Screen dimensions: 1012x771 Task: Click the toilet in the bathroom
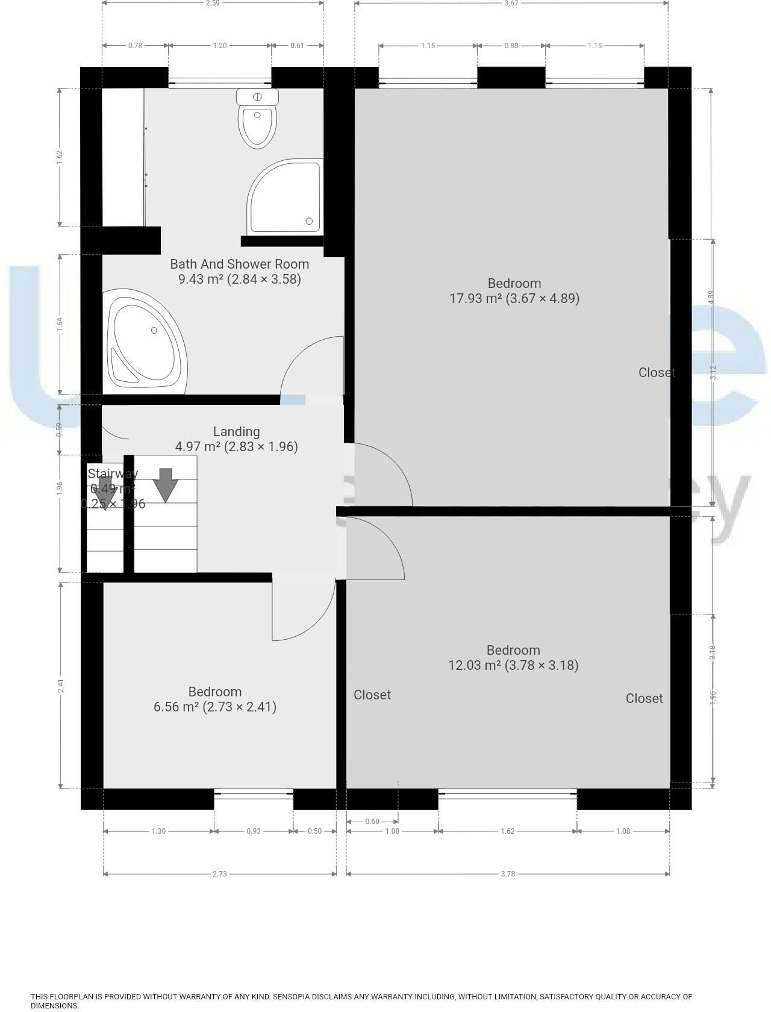tap(258, 120)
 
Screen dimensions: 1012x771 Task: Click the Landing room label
tap(236, 432)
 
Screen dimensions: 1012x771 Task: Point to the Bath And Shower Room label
tap(239, 264)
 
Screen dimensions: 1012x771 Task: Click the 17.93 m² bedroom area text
tap(514, 298)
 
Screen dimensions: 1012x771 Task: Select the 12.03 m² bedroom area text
tap(513, 665)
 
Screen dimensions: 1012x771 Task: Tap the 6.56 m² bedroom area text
tap(214, 707)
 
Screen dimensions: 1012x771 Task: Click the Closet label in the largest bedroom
tap(656, 373)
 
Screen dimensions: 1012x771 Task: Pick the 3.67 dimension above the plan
tap(511, 3)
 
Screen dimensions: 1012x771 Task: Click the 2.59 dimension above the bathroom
tap(212, 3)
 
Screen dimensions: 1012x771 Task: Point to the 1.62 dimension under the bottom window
tap(507, 831)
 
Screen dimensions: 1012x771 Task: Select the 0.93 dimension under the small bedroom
tap(253, 831)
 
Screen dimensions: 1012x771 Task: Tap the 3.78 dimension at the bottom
tap(507, 874)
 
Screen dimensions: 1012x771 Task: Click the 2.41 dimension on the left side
tap(60, 686)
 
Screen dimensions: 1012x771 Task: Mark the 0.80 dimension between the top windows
tap(511, 46)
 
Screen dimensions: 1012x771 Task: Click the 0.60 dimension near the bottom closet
tap(372, 822)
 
